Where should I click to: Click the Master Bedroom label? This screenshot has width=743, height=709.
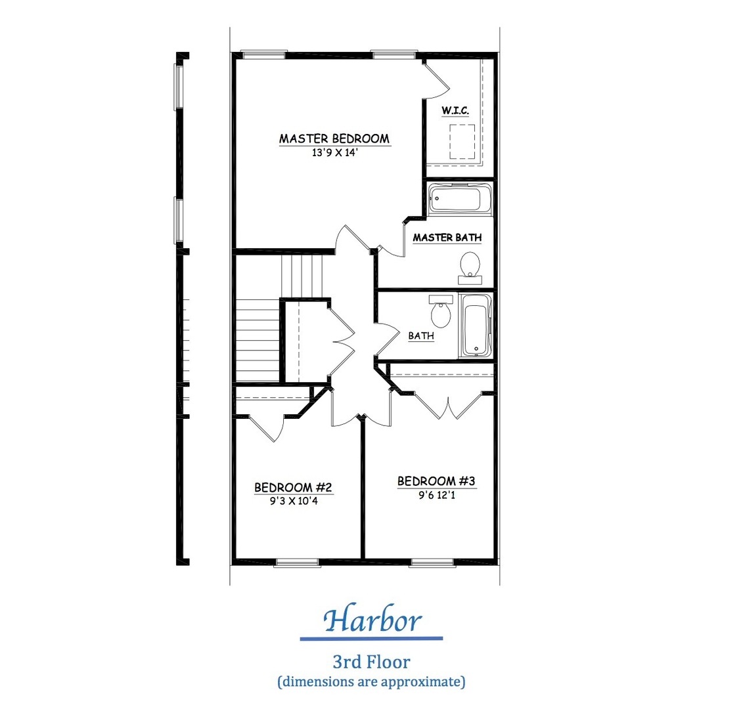coord(334,139)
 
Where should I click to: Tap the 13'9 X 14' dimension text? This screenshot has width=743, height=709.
coord(334,152)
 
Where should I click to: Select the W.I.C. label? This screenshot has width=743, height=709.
coord(455,110)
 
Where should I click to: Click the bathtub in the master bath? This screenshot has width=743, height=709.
coord(460,199)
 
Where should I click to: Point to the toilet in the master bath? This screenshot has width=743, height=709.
coord(470,268)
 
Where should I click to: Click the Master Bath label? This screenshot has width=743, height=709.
coord(447,237)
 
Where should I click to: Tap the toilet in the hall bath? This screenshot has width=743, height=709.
coord(441,311)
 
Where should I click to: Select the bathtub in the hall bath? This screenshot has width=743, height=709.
coord(475,326)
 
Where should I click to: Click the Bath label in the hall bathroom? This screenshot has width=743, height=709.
coord(421,336)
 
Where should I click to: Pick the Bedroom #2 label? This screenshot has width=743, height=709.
coord(293,487)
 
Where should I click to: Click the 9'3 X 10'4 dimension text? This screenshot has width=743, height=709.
coord(294,501)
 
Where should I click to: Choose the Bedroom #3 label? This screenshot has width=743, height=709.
coord(436,481)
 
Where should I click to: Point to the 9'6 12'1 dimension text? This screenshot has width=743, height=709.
coord(436,496)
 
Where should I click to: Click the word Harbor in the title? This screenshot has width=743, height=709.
coord(372,620)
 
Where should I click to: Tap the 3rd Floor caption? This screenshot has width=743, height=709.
coord(371,662)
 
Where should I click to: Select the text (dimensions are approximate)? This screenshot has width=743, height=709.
coord(371,681)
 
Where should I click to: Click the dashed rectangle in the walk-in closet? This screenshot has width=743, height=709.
coord(462,142)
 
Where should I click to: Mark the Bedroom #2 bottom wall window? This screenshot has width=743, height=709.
coord(297,562)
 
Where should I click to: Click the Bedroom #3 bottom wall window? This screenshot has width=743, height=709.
coord(432,562)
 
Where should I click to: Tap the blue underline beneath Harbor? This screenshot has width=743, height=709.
coord(371,639)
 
